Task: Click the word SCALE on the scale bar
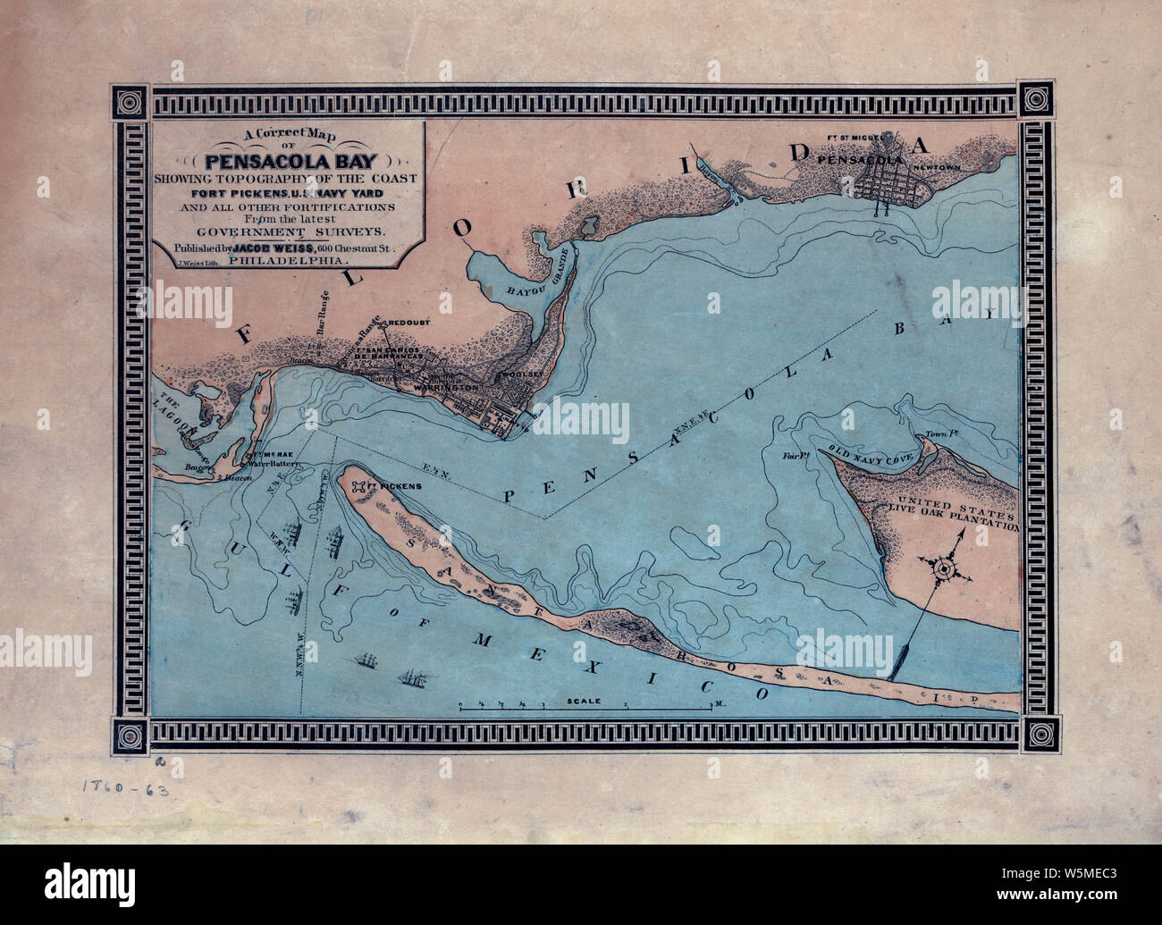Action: click(584, 702)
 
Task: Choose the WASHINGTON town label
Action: click(454, 390)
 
